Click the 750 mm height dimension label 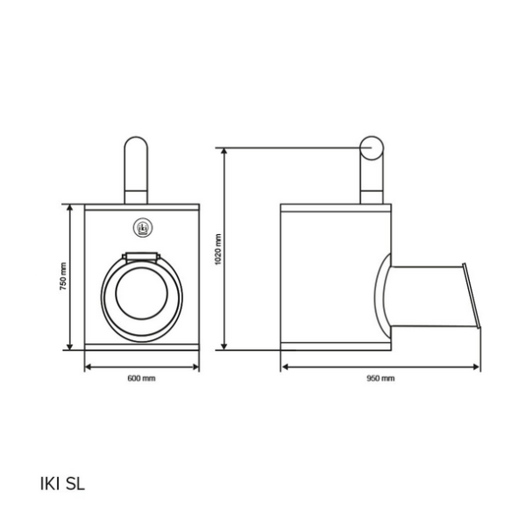[63, 276]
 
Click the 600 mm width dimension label [141, 379]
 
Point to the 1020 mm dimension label [218, 249]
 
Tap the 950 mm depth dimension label [380, 379]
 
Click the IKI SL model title [62, 484]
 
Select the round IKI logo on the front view [143, 228]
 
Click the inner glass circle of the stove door [141, 294]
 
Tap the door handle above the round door [141, 257]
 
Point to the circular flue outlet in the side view [372, 148]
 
